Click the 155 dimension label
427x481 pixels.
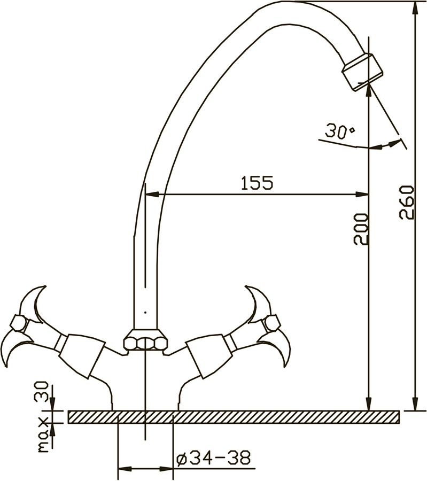(257, 183)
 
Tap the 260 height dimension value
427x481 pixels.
(407, 202)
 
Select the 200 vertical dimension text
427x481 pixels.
(361, 229)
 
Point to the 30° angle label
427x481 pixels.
(339, 131)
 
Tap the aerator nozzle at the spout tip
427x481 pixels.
(363, 72)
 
